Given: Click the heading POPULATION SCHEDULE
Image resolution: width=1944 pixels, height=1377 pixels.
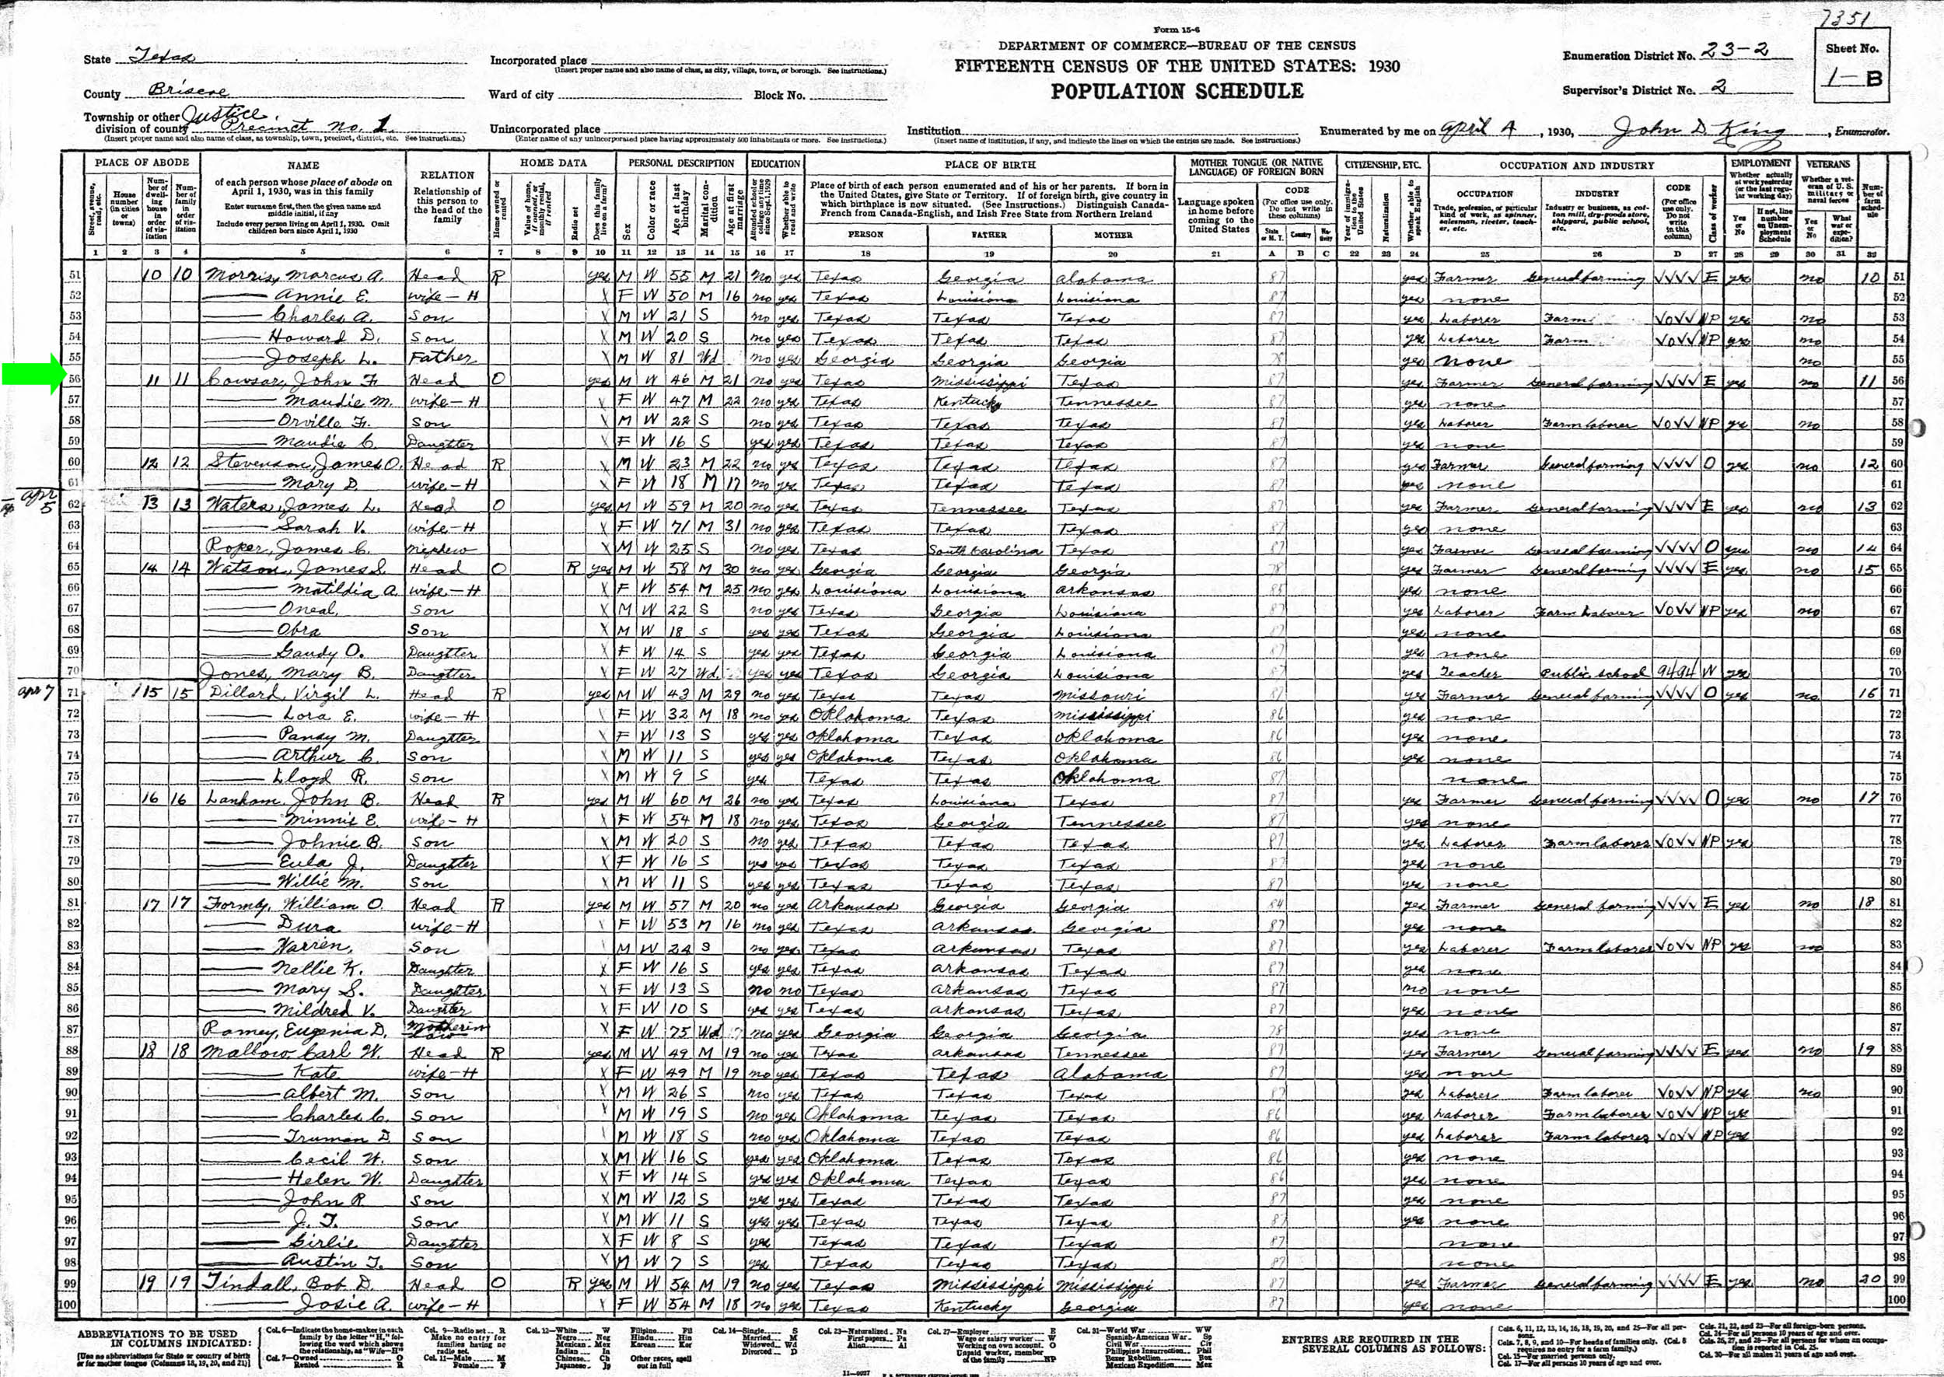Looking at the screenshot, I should coord(1177,92).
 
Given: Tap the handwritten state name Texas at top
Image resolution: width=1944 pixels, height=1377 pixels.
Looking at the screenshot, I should coord(162,57).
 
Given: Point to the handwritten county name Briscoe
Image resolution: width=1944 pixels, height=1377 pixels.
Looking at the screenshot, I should coord(187,91).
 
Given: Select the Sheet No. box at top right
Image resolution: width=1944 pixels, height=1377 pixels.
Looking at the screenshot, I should coord(1851,65).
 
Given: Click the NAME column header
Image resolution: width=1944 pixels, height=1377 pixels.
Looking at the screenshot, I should coord(302,166).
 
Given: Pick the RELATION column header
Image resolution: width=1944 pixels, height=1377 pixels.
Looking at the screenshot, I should coord(447,175).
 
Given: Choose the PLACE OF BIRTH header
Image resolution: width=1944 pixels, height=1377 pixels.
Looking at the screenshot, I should coord(989,165).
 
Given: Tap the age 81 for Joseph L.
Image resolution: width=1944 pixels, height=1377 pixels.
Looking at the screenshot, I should coord(679,358).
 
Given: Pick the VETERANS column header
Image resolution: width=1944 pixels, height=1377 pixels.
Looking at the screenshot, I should coord(1827,163).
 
